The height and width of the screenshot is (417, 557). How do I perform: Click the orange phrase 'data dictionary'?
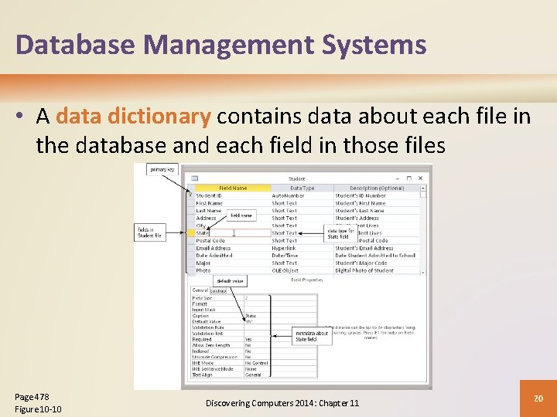133,117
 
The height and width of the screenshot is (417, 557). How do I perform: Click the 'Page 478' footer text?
32,397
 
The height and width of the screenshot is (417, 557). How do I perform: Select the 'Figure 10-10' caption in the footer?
38,409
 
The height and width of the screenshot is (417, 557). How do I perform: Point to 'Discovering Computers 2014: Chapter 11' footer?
282,403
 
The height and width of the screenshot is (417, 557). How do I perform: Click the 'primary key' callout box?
162,169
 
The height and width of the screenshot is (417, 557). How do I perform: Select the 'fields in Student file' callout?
150,232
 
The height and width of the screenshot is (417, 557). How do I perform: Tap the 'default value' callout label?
230,281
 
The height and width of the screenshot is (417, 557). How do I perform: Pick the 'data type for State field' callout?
341,234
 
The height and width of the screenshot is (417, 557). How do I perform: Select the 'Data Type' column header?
302,188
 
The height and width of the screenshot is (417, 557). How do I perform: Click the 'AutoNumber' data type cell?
288,195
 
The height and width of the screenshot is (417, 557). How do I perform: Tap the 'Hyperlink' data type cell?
284,248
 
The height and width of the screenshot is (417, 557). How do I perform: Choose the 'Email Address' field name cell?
214,248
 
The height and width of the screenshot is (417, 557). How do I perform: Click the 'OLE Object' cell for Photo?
285,270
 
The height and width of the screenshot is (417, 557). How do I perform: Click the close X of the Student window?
421,178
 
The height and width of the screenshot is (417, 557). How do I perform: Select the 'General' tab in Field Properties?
200,290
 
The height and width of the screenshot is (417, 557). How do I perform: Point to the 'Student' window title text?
296,178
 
